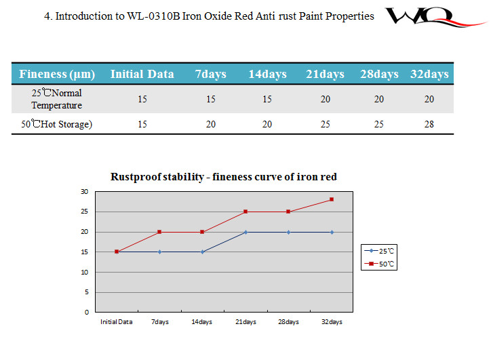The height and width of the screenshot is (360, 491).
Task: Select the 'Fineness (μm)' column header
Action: tap(57, 74)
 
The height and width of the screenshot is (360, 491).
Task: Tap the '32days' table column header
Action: tap(429, 74)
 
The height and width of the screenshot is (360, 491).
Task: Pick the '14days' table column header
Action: tap(267, 74)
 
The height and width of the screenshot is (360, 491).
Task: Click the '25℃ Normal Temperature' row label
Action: tap(56, 99)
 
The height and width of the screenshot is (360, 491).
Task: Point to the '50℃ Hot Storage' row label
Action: tap(56, 124)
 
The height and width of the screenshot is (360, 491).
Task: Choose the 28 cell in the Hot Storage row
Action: tap(429, 124)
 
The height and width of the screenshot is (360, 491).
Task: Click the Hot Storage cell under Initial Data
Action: tap(142, 124)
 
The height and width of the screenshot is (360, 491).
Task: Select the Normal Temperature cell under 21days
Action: tap(326, 99)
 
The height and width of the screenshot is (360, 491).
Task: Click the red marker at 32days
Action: tap(332, 199)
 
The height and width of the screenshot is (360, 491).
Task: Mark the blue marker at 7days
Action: tap(159, 252)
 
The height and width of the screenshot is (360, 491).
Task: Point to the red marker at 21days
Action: tap(245, 212)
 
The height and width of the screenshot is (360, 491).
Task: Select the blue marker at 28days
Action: tap(288, 232)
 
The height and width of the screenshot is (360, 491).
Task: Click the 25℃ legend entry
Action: tap(380, 251)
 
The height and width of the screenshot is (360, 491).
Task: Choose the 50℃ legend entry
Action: tap(380, 264)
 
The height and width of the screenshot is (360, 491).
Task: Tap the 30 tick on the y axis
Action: tap(85, 192)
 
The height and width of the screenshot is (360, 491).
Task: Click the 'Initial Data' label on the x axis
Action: tap(117, 322)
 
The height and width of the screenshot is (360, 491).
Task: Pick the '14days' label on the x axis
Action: tap(202, 322)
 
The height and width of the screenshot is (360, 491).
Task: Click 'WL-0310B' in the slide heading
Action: tap(154, 16)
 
